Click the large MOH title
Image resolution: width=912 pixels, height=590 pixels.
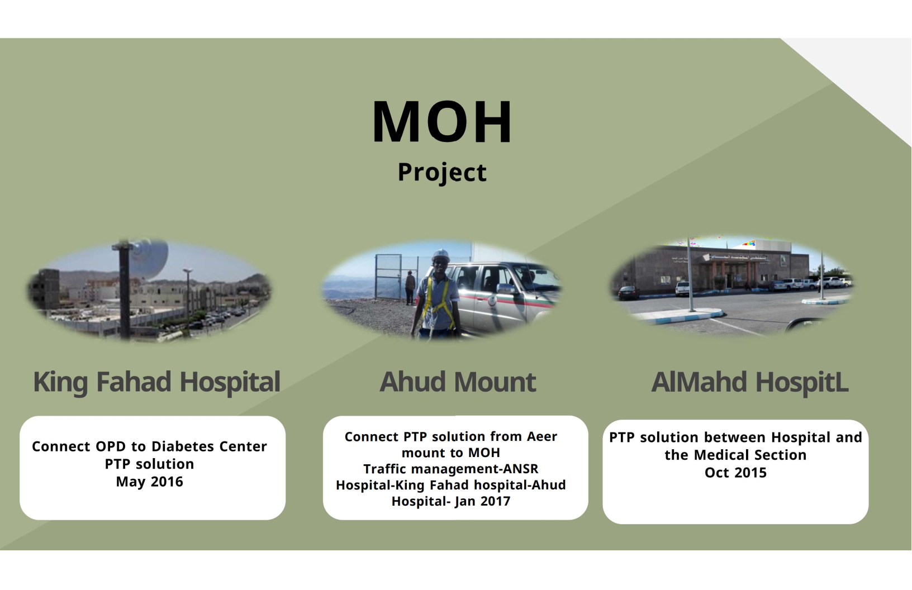click(442, 121)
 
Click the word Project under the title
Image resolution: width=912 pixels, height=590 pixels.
click(442, 172)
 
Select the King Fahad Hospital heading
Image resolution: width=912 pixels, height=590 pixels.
click(156, 382)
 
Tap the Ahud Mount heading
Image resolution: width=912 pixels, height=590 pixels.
click(458, 382)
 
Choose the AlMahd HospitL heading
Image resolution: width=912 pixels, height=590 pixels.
click(749, 382)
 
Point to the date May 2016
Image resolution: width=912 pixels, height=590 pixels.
click(149, 482)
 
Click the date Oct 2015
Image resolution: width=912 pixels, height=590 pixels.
click(735, 473)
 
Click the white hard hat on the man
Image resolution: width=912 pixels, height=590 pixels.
click(440, 255)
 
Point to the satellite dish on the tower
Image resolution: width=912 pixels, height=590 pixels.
click(151, 259)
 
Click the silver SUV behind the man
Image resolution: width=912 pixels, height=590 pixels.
click(505, 295)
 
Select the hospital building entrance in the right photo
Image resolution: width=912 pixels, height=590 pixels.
click(729, 275)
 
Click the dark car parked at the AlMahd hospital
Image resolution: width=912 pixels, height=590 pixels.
click(628, 292)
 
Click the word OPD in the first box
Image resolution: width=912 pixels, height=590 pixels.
click(111, 446)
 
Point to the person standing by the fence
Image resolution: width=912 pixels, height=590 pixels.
click(410, 287)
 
